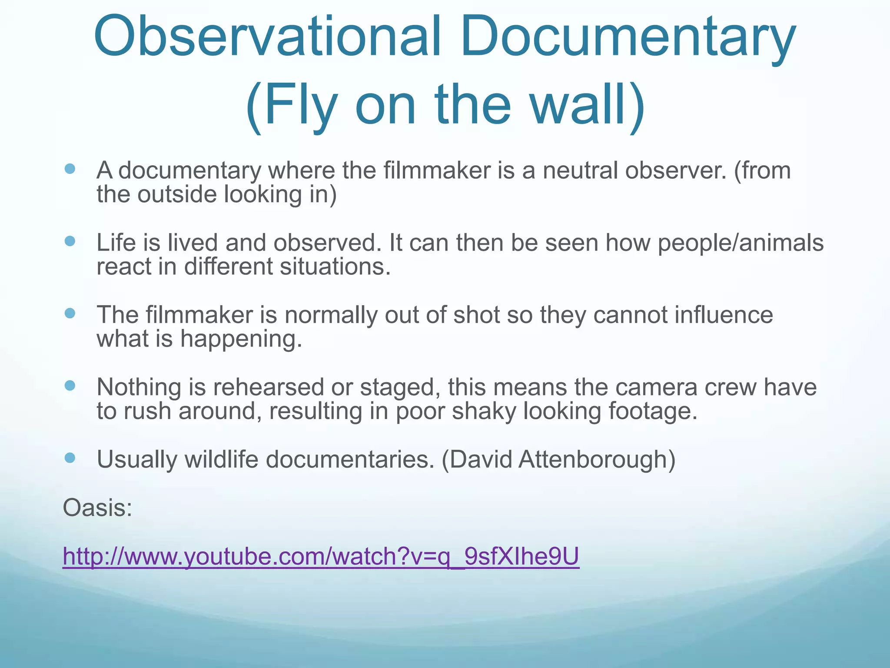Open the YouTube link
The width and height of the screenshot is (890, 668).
321,556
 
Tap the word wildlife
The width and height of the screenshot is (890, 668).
221,459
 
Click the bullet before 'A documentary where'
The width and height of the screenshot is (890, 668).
70,169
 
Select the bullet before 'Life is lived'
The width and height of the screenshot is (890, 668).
70,241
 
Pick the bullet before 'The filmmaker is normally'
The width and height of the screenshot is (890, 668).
70,313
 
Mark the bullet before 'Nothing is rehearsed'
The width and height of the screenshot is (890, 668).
70,385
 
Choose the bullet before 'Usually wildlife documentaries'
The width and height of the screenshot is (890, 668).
70,458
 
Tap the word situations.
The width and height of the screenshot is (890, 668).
335,267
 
